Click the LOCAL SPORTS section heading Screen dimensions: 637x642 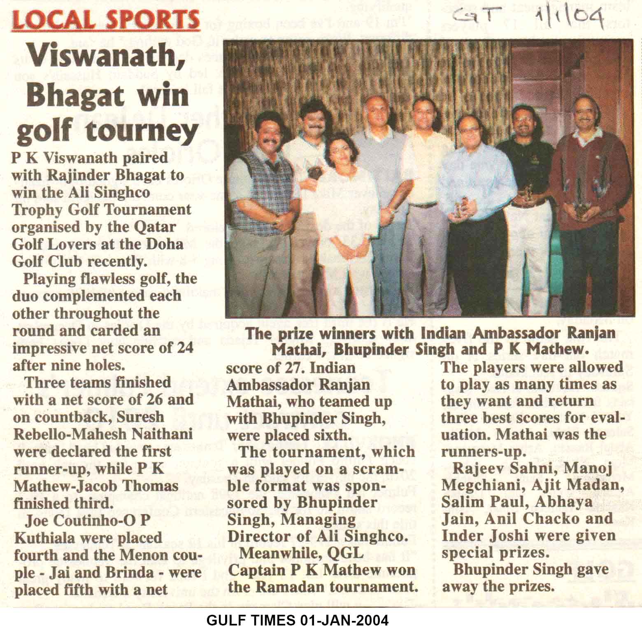(x=106, y=19)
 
